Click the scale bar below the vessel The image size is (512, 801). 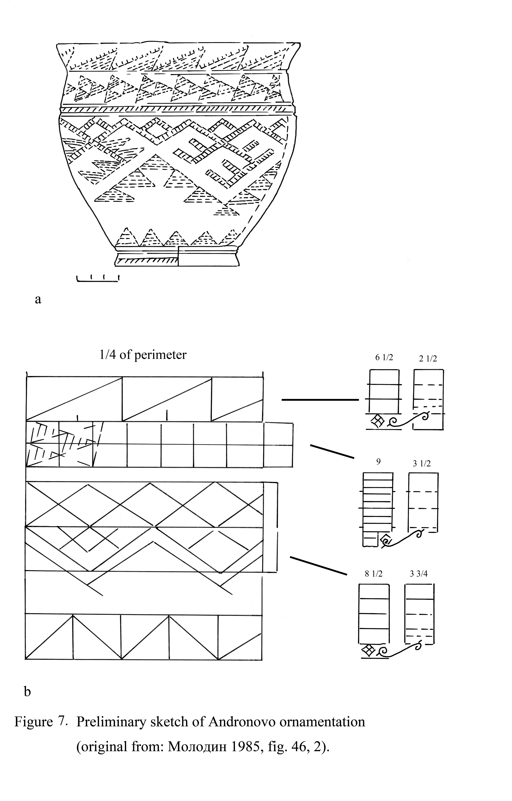click(x=98, y=280)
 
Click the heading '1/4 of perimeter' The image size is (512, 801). click(x=143, y=355)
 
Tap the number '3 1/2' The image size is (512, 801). click(x=422, y=464)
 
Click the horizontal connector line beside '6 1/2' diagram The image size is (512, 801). click(x=320, y=399)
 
